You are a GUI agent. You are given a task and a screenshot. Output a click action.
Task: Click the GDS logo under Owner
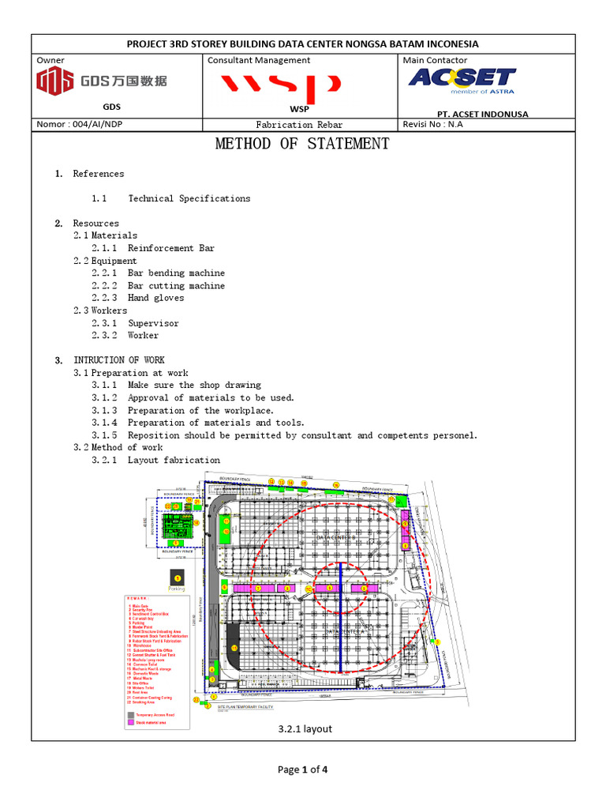[x=102, y=81]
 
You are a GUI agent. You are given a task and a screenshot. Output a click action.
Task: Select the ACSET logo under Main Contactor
[x=462, y=81]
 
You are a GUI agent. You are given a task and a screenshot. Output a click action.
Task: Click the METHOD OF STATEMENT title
[x=302, y=144]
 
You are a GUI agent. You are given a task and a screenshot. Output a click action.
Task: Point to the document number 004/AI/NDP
[x=80, y=124]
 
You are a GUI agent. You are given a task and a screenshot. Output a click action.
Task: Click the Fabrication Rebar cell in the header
[x=301, y=125]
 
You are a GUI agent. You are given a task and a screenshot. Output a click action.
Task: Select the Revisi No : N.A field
[x=433, y=124]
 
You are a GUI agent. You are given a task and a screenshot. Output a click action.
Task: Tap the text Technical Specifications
[x=189, y=198]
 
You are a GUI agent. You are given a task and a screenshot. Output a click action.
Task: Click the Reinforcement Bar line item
[x=171, y=248]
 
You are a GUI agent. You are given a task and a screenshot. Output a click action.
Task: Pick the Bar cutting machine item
[x=176, y=285]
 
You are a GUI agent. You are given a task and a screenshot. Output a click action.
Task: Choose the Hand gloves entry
[x=156, y=298]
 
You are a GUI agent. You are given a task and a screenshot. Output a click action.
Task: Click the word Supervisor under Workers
[x=153, y=323]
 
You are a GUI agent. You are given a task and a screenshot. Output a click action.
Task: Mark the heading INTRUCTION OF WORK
[x=119, y=360]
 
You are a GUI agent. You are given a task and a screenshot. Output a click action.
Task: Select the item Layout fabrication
[x=174, y=460]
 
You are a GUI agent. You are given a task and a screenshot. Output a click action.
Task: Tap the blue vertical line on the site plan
[x=340, y=616]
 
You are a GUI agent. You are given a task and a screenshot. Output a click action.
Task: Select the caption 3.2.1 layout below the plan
[x=305, y=728]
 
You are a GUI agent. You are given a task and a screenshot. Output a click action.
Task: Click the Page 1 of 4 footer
[x=303, y=769]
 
